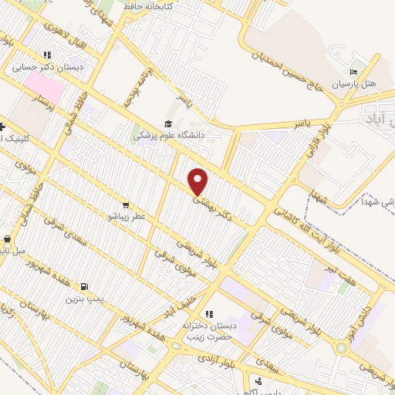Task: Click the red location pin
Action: [x=198, y=181]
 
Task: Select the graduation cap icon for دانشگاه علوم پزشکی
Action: [x=168, y=124]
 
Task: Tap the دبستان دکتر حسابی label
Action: [x=46, y=67]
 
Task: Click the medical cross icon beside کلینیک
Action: [x=4, y=127]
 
